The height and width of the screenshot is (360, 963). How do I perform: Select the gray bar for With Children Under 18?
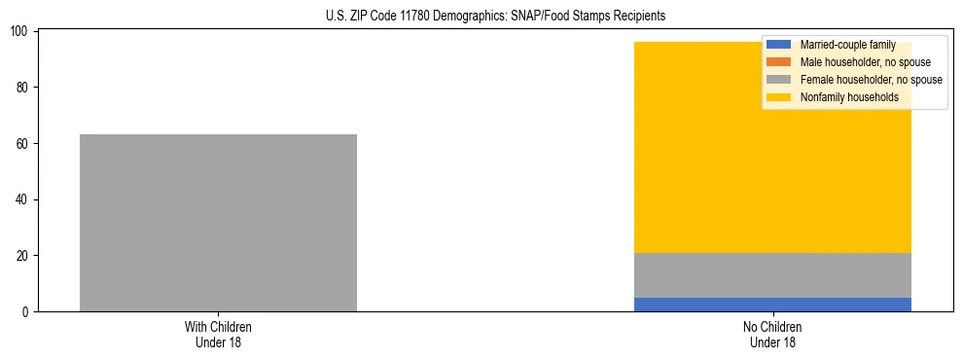(218, 223)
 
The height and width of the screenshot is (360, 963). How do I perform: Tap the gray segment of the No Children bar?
(772, 275)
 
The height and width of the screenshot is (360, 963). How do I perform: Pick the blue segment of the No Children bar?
(772, 305)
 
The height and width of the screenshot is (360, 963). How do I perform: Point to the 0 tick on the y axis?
(26, 312)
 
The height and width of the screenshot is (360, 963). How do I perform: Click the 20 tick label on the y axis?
(23, 256)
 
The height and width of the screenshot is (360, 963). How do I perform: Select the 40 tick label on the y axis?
(23, 199)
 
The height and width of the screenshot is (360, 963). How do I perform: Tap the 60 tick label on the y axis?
(23, 144)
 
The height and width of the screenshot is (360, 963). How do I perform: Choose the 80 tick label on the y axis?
(23, 88)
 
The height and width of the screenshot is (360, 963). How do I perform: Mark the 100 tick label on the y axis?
(20, 32)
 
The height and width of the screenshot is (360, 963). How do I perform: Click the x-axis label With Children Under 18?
(218, 335)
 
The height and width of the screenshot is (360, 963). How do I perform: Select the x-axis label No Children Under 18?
(772, 335)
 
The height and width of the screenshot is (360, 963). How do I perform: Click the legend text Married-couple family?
(847, 45)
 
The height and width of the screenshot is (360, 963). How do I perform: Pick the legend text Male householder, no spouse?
(865, 62)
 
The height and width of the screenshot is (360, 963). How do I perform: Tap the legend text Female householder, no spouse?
(871, 80)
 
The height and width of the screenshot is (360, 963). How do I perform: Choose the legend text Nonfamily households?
(849, 97)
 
